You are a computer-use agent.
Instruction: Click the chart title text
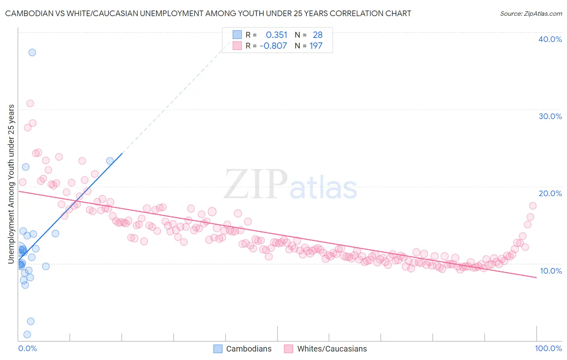click(208, 13)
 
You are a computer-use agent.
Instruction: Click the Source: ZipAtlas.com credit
click(531, 13)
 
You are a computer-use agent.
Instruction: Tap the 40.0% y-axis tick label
click(550, 39)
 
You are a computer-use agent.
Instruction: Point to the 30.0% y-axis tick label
click(550, 116)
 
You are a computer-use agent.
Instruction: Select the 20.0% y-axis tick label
click(550, 193)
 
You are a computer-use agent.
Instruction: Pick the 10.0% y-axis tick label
click(550, 271)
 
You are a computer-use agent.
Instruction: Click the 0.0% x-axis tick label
click(27, 348)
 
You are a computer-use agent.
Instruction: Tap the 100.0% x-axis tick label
click(548, 348)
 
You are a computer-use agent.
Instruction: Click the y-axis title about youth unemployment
click(11, 184)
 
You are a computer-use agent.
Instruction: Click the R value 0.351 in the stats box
click(276, 35)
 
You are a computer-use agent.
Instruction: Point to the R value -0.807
click(273, 46)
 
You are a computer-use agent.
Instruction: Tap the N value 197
click(316, 46)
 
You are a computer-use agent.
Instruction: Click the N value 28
click(317, 35)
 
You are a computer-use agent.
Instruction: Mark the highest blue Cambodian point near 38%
click(32, 52)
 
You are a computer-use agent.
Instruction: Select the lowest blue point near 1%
click(27, 334)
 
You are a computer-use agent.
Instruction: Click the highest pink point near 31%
click(30, 103)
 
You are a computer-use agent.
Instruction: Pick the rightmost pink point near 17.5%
click(532, 206)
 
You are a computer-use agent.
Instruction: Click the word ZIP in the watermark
click(255, 185)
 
